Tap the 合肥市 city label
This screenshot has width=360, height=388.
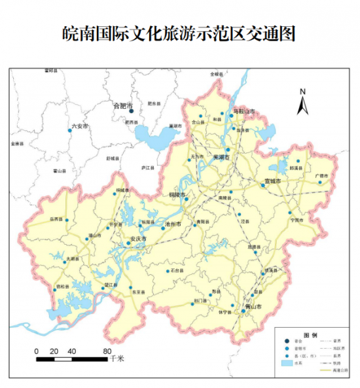point(122,105)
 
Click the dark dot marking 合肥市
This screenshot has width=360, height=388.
point(131,111)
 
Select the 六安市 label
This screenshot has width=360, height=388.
point(79,126)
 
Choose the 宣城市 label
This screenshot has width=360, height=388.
point(272,180)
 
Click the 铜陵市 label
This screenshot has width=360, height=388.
point(177,195)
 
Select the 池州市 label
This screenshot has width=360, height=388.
point(173,224)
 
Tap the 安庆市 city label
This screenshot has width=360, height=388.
point(138,239)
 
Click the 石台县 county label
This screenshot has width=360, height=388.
point(176,270)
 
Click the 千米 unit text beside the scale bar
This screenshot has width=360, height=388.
point(117,359)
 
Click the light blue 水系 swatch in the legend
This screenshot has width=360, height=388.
point(285,362)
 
